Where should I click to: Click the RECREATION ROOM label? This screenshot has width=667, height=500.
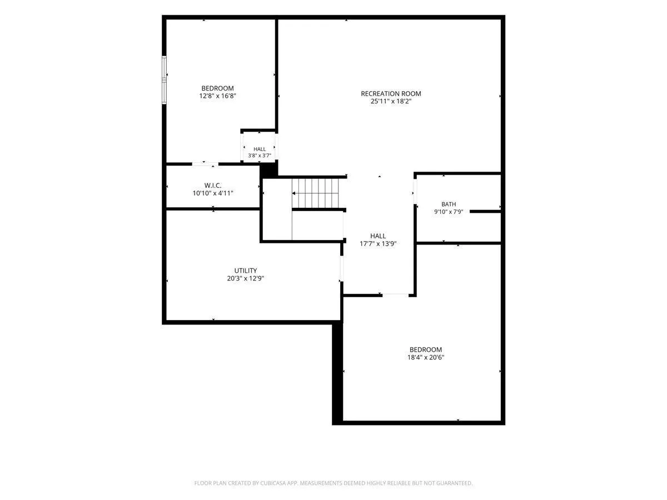391,93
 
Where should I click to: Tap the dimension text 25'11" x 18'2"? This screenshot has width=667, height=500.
391,102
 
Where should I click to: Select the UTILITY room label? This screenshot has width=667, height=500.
246,271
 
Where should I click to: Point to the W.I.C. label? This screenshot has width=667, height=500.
213,185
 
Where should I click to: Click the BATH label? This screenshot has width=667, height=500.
449,204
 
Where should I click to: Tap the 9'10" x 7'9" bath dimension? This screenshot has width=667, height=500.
449,212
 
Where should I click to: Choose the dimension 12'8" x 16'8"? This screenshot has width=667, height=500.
217,96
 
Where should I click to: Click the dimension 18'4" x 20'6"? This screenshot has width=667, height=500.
426,357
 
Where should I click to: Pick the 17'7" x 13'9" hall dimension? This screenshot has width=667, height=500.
378,243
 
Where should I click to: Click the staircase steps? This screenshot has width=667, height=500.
315,193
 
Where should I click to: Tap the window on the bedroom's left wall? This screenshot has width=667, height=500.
164,80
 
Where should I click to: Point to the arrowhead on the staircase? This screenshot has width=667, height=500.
294,193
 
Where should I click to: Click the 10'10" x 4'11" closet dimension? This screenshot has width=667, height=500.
213,193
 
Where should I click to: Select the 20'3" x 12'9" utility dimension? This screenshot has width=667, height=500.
246,278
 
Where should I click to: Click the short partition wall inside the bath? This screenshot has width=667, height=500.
485,211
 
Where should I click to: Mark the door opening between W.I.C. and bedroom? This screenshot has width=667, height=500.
205,164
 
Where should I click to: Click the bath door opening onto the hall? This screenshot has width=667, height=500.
415,192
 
